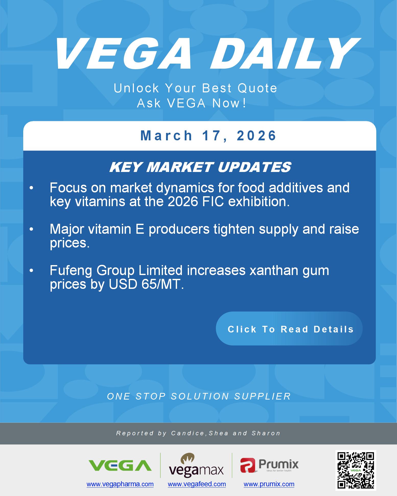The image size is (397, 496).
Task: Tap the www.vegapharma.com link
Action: tap(120, 484)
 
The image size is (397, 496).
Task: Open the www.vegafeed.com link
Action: tap(197, 484)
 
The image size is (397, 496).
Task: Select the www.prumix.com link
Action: tap(269, 484)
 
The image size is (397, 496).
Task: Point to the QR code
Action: tap(356, 470)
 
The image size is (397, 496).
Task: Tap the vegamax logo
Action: tap(196, 465)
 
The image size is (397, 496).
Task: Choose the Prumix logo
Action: tap(269, 465)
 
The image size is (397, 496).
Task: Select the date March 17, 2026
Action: tap(208, 135)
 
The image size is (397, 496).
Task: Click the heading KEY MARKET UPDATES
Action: tap(200, 167)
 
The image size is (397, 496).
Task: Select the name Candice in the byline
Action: tap(188, 433)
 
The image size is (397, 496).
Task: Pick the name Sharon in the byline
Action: tap(266, 433)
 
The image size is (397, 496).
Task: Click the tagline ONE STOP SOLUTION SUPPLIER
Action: tap(199, 396)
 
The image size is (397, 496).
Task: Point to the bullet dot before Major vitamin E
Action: tap(31, 229)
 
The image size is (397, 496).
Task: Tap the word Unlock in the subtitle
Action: tap(136, 88)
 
